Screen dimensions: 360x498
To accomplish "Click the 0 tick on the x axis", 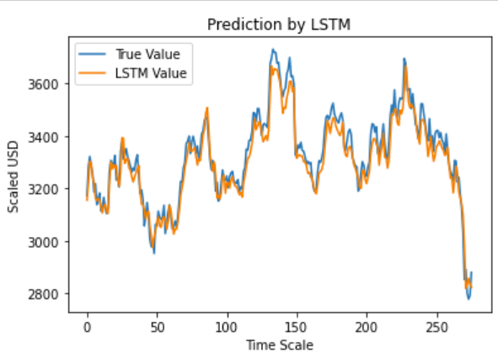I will click(x=87, y=326).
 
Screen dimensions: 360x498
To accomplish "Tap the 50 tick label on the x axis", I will click(x=157, y=326).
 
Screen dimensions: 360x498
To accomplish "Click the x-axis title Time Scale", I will click(x=278, y=344).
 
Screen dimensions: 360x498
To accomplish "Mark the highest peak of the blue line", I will click(x=272, y=50).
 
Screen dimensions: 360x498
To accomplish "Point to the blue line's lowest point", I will click(x=469, y=298).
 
